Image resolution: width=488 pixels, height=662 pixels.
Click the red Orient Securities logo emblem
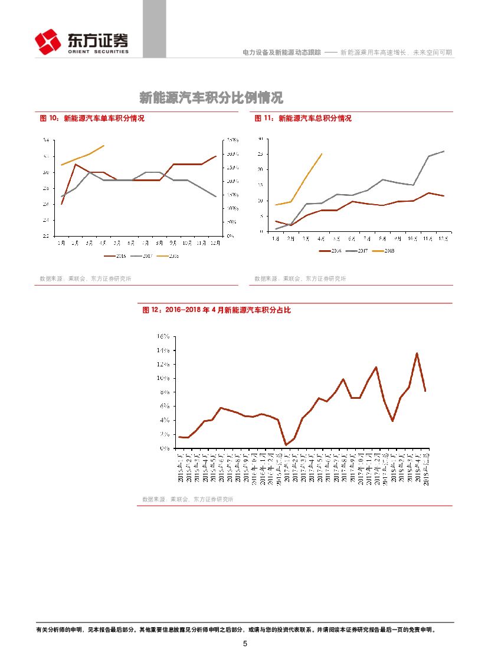pyautogui.click(x=48, y=41)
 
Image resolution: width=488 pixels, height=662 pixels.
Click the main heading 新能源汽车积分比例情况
pyautogui.click(x=211, y=97)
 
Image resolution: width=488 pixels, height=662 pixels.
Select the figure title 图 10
pyautogui.click(x=91, y=119)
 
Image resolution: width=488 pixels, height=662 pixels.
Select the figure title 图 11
pyautogui.click(x=303, y=119)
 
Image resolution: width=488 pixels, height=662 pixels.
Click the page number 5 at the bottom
pyautogui.click(x=245, y=643)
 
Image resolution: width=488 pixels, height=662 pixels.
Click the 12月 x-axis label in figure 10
pyautogui.click(x=215, y=242)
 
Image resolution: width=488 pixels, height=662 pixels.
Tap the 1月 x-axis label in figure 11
pyautogui.click(x=276, y=239)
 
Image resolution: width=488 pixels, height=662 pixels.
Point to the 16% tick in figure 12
pyautogui.click(x=163, y=336)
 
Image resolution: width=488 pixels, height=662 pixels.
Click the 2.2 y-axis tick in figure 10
pyautogui.click(x=46, y=235)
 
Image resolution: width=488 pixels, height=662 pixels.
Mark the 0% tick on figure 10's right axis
pyautogui.click(x=230, y=235)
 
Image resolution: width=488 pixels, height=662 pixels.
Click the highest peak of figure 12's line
pyautogui.click(x=417, y=353)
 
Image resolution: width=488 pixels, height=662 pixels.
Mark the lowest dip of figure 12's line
pyautogui.click(x=286, y=445)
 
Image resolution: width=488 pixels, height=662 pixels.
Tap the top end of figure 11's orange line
pyautogui.click(x=322, y=154)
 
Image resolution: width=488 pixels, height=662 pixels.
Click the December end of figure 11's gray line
pyautogui.click(x=444, y=151)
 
